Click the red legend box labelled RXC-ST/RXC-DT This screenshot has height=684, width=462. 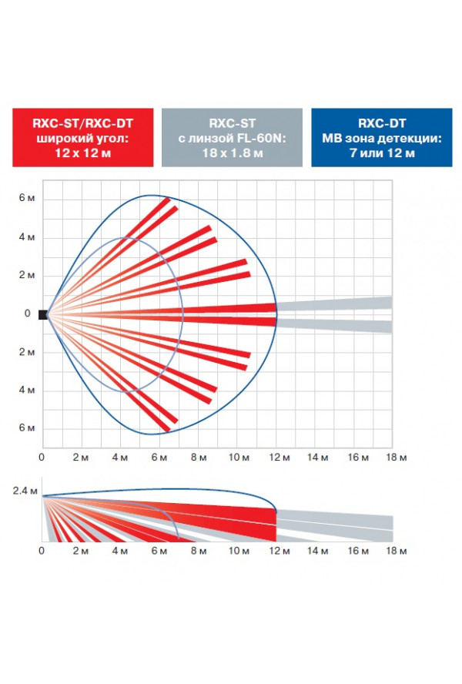[83, 137]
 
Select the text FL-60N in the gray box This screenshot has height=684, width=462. [261, 139]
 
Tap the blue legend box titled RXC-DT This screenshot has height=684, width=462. [382, 137]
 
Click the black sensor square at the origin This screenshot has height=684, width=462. [43, 314]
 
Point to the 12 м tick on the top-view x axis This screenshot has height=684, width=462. [280, 458]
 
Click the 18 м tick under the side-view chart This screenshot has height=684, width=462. [396, 551]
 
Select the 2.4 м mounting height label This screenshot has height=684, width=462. [25, 491]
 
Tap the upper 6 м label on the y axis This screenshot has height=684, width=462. [27, 198]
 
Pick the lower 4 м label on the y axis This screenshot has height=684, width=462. [27, 390]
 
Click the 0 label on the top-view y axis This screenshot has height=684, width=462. [28, 313]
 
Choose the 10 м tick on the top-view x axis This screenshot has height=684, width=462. [239, 458]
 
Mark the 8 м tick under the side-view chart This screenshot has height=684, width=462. [199, 551]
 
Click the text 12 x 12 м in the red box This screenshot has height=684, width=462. [83, 153]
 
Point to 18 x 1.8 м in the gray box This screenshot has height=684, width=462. [232, 153]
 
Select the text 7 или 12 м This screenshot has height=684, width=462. [382, 153]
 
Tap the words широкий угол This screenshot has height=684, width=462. [83, 139]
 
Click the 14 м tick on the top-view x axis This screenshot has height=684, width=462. [317, 458]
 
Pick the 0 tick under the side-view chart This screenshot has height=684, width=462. [42, 551]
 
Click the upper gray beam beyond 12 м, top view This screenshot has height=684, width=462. [334, 303]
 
